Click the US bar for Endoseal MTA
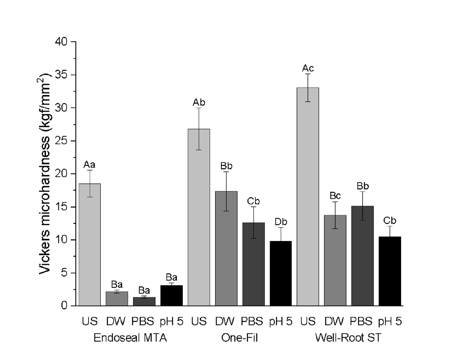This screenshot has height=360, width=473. click(90, 244)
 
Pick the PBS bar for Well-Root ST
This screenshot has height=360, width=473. click(362, 256)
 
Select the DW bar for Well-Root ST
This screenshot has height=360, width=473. click(335, 260)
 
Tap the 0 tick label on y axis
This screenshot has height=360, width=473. click(65, 306)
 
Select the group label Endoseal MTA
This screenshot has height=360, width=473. click(130, 338)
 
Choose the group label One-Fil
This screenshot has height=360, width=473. click(240, 338)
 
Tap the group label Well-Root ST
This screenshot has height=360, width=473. click(348, 338)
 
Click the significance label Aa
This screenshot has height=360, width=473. click(90, 165)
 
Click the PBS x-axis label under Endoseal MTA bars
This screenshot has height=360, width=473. click(143, 321)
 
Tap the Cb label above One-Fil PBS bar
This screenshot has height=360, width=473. click(253, 202)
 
